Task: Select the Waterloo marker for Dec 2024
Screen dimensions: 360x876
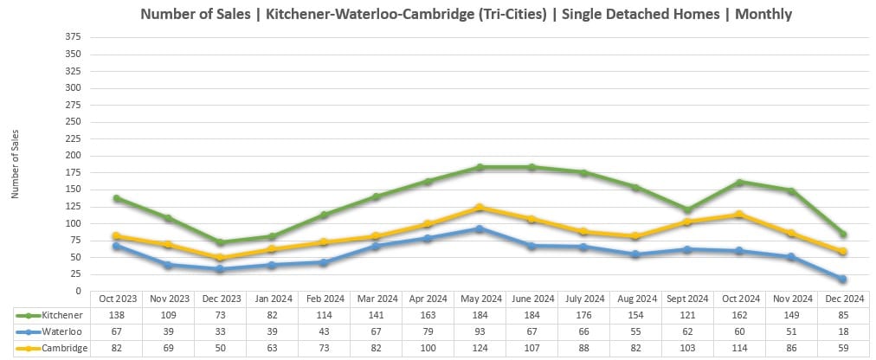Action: (841, 279)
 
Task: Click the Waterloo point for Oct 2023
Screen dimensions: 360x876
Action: (117, 246)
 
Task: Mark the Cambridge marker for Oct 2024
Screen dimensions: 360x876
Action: (738, 214)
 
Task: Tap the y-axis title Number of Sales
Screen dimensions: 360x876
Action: (15, 164)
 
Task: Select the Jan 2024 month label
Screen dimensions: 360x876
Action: (272, 299)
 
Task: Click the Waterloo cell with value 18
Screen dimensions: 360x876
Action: (841, 331)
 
